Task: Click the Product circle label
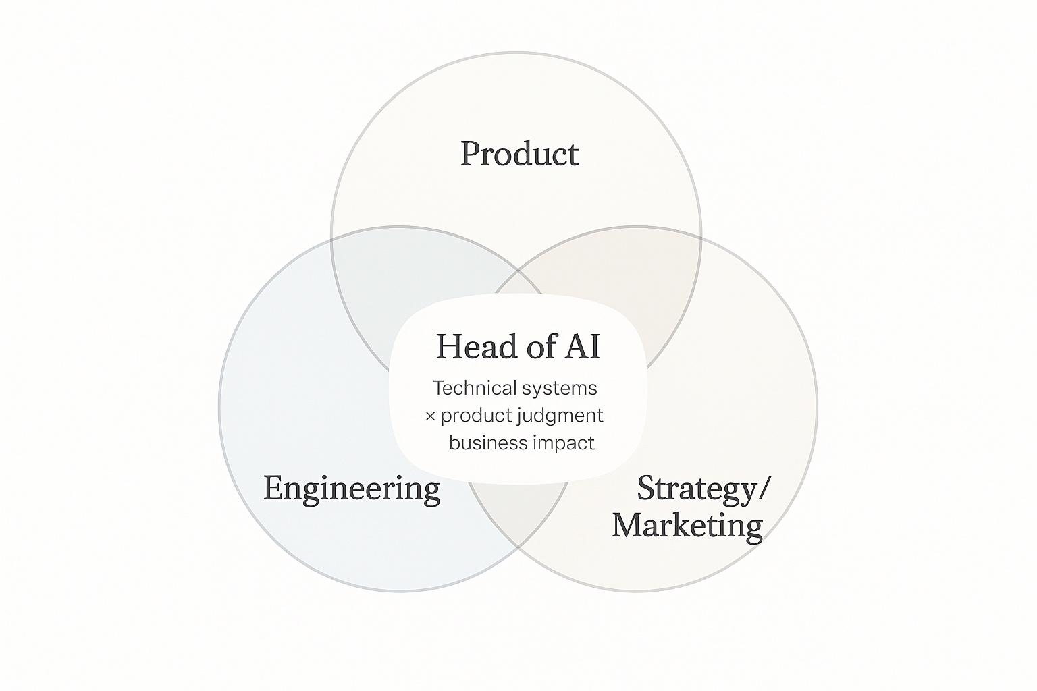click(x=519, y=154)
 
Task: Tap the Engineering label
click(x=351, y=488)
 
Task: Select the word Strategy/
click(x=702, y=488)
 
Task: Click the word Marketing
click(x=687, y=525)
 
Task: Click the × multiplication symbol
click(x=430, y=416)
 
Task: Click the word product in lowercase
click(x=475, y=416)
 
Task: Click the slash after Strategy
click(x=764, y=488)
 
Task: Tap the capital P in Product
click(x=471, y=154)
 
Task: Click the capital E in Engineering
click(x=272, y=488)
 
